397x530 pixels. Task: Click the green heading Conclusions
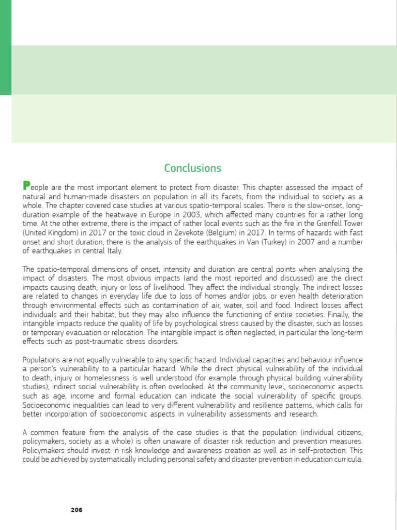point(192,168)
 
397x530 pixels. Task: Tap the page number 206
point(77,510)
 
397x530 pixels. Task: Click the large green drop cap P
point(27,186)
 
